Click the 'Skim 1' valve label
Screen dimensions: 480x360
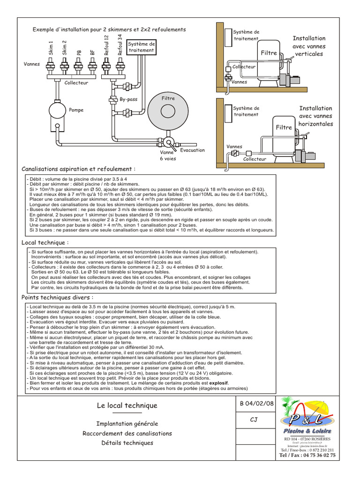click(x=51, y=49)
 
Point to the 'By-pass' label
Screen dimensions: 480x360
click(x=128, y=100)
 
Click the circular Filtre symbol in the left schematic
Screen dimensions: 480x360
click(x=168, y=112)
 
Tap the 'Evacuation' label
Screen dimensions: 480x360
click(x=192, y=150)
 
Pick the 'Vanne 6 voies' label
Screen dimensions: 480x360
click(x=167, y=156)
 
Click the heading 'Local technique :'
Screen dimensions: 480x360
click(x=45, y=242)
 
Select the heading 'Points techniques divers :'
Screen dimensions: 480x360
click(x=57, y=298)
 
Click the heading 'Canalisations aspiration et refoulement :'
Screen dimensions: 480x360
click(x=79, y=169)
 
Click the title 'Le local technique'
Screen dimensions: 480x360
click(x=127, y=405)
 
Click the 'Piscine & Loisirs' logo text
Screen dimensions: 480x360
click(x=307, y=431)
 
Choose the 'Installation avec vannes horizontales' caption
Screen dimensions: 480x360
click(x=315, y=116)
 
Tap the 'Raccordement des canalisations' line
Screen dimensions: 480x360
click(x=127, y=434)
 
